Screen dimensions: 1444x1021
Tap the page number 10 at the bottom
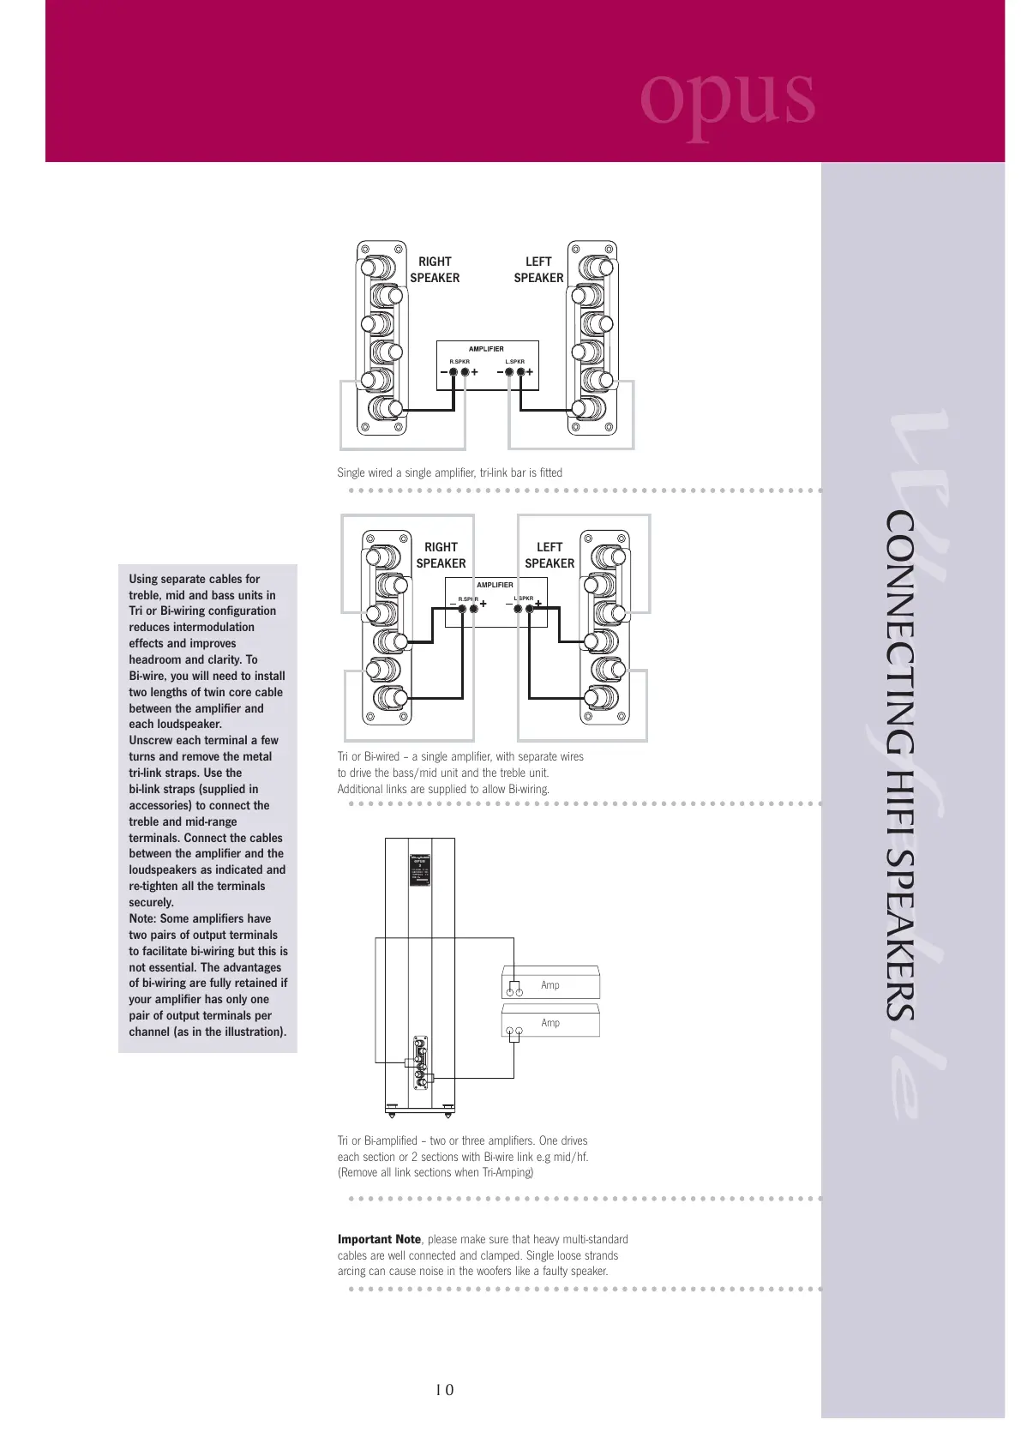[x=444, y=1390]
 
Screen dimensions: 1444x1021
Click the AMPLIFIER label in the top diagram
[x=486, y=349]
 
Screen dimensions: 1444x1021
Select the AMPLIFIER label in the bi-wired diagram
[x=495, y=585]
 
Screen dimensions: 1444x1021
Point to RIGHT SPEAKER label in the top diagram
[x=435, y=269]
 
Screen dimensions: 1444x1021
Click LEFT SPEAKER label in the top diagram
[x=538, y=269]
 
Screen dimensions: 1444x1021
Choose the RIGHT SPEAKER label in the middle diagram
[x=441, y=555]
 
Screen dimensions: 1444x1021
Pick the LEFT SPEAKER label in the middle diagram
[x=550, y=555]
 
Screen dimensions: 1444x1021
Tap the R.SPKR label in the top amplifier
[x=459, y=362]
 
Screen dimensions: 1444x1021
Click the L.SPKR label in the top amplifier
[x=514, y=362]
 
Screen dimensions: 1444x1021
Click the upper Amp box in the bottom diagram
[x=550, y=985]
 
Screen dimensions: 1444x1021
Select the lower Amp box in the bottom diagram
[x=550, y=1023]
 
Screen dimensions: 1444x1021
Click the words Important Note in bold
[x=379, y=1239]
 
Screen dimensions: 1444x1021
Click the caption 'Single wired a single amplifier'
[x=449, y=472]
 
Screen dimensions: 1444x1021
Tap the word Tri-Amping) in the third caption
[x=507, y=1172]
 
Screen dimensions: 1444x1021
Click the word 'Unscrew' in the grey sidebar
[x=150, y=740]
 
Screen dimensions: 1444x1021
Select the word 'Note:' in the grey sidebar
[x=142, y=918]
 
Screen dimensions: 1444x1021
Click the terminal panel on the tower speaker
[x=420, y=1062]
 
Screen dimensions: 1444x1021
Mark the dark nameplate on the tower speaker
[x=419, y=869]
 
